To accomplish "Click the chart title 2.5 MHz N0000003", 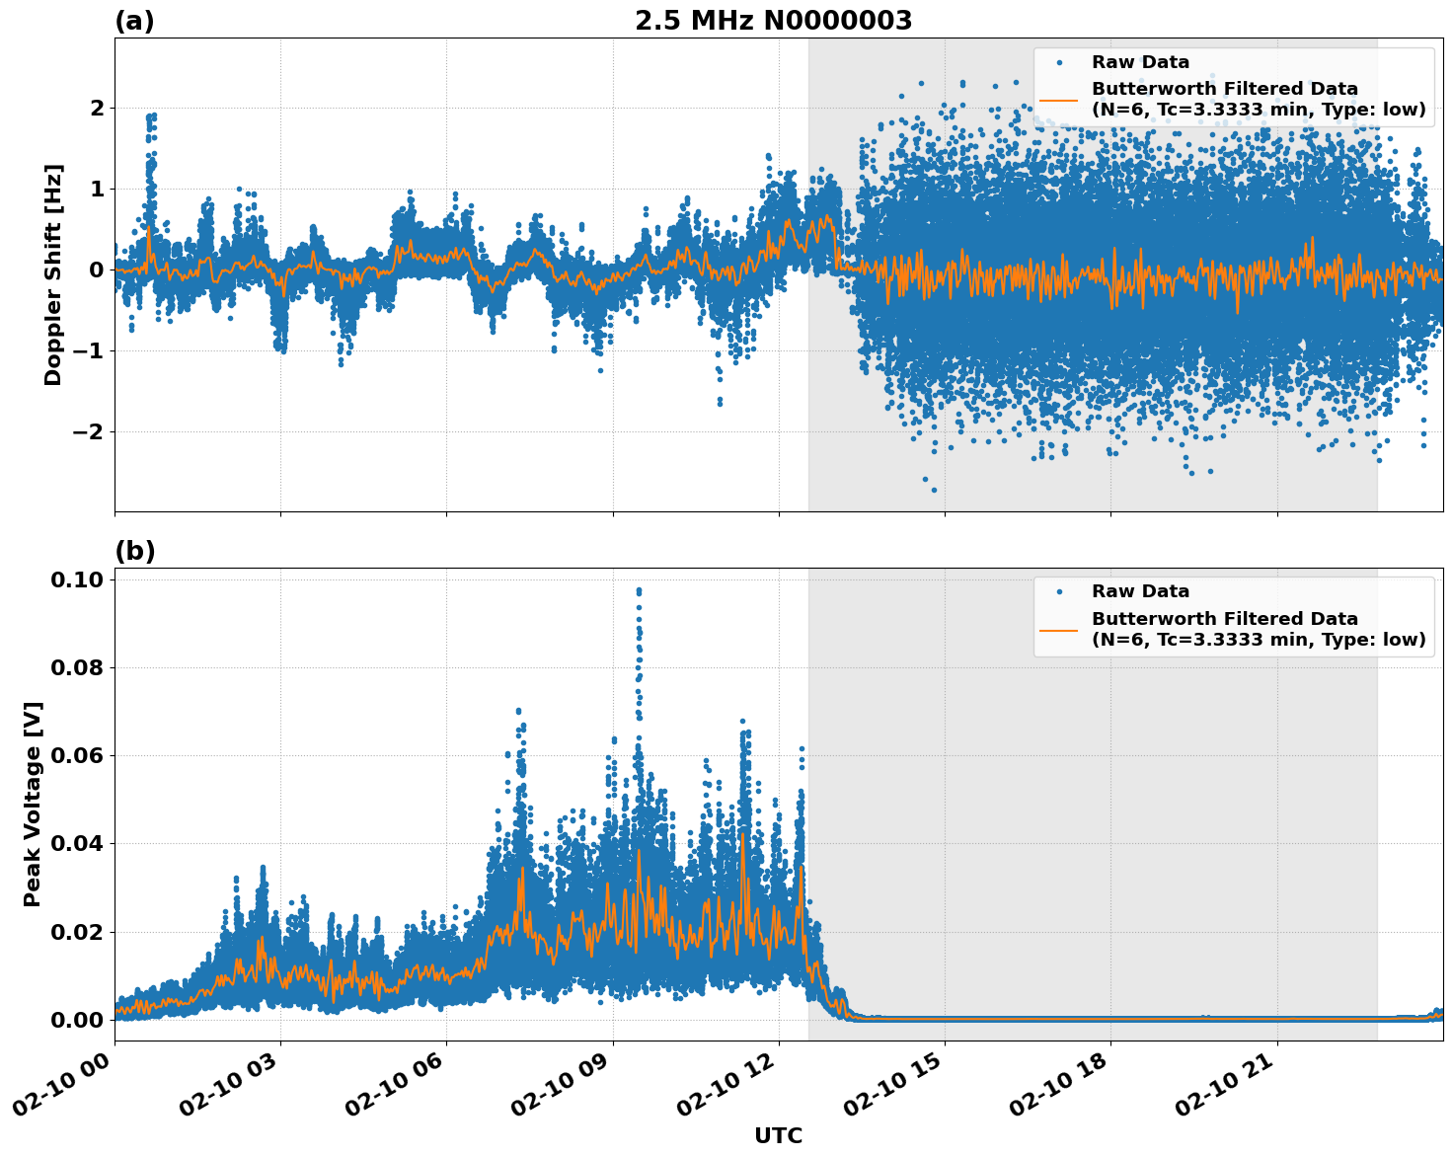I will pos(773,21).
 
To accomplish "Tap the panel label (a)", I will pos(134,21).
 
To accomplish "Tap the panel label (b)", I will pos(134,551).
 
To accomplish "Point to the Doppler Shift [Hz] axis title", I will pos(53,274).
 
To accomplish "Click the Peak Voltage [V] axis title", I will pos(33,804).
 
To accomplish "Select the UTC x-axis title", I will pos(778,1135).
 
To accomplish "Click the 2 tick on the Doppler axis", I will pos(97,108).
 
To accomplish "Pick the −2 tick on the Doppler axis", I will pos(89,431).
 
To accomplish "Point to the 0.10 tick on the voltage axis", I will pos(77,579).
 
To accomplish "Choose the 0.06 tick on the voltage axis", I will pos(77,756).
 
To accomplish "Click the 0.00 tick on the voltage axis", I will pos(77,1020).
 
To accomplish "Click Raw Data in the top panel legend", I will pos(1140,62).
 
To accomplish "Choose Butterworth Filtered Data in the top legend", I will pos(1224,89).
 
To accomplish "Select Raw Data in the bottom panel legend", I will pos(1140,591).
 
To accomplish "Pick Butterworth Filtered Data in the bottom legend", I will pos(1224,619).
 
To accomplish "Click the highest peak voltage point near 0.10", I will pos(639,590).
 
